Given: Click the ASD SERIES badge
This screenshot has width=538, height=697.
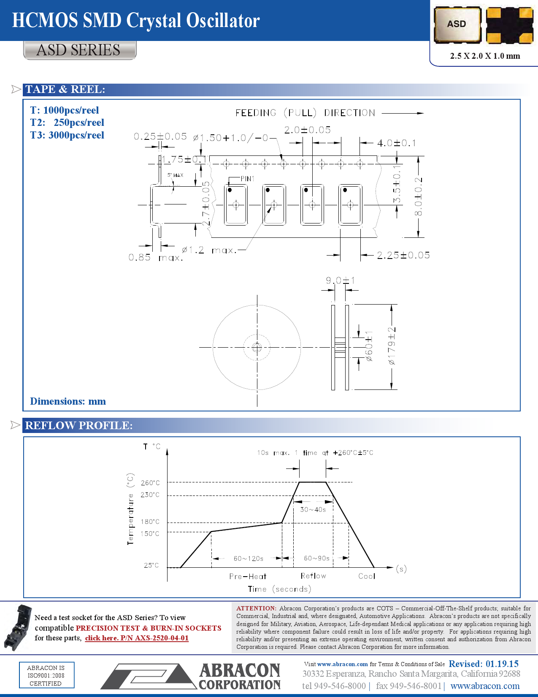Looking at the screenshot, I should [80, 50].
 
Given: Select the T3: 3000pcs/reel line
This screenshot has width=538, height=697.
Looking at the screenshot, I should [67, 135].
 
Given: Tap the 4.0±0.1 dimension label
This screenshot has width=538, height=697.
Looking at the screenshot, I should [396, 143].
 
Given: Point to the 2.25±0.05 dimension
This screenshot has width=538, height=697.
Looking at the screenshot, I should [403, 255].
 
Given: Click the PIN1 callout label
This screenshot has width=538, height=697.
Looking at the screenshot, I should [248, 179].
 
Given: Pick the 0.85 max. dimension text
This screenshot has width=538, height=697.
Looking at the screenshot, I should [155, 257].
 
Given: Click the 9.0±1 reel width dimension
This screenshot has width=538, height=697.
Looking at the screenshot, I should [340, 280].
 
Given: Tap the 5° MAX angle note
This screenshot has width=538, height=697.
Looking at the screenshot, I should [175, 175].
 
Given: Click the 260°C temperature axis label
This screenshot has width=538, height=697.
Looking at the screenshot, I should [150, 483].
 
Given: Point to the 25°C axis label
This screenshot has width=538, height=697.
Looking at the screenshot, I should [151, 565].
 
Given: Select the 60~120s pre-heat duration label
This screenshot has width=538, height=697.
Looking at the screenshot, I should [248, 558].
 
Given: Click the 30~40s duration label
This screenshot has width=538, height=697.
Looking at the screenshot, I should [313, 509].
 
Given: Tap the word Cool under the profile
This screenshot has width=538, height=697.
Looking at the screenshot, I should [366, 576].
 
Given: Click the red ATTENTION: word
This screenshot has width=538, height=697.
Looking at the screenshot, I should [256, 608].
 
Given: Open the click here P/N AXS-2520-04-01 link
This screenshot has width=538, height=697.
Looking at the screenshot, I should [137, 638].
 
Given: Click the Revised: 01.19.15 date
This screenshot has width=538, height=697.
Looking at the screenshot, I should [483, 664].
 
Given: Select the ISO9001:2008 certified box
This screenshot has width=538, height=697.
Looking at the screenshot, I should [46, 675].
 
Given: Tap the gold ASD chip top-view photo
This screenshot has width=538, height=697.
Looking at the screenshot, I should [457, 25].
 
